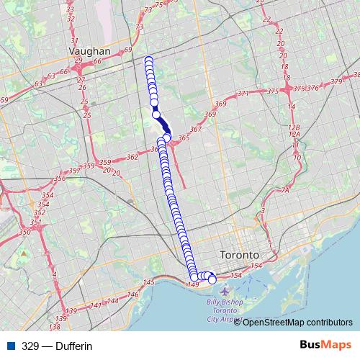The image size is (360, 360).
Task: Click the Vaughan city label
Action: [x=90, y=52]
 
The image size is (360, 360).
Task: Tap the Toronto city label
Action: [x=239, y=256]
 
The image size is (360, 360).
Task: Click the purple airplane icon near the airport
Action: [x=209, y=291]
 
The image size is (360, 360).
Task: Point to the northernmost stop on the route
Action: [x=149, y=60]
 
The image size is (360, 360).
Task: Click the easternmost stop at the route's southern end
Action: [x=212, y=279]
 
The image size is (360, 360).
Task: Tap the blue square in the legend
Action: [x=10, y=346]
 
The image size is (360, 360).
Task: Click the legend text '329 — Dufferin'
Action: [x=57, y=346]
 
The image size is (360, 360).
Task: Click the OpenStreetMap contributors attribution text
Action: [x=298, y=323]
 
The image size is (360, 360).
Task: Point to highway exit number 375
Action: [x=272, y=91]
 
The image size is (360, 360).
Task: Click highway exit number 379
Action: [x=337, y=81]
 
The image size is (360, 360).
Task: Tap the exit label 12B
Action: [x=293, y=125]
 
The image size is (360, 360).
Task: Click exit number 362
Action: [x=132, y=156]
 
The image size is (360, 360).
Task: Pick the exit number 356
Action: [x=60, y=179]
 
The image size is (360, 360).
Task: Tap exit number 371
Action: [x=243, y=94]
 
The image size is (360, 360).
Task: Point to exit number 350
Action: [x=25, y=232]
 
